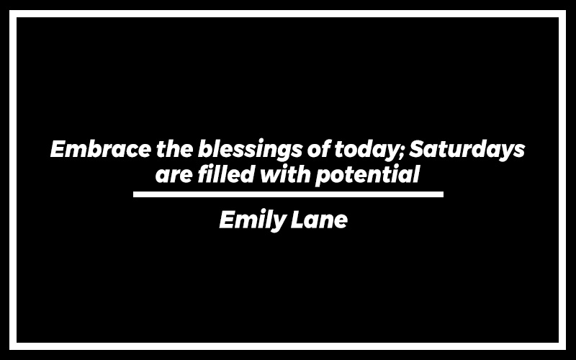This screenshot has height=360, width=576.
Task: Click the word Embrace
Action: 100,149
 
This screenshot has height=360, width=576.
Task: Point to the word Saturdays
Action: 467,150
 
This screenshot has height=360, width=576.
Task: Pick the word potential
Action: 367,175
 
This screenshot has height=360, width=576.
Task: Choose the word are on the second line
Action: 174,176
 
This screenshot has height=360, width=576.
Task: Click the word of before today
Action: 318,149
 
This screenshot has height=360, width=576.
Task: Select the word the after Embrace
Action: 174,149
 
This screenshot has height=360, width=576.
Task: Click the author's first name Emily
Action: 252,220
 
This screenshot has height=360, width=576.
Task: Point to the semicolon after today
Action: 403,152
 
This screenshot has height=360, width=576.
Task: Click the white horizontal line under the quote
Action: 288,194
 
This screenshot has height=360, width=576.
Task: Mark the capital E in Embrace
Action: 58,149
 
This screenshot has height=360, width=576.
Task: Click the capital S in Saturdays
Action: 417,149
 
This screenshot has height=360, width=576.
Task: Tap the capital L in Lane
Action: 297,220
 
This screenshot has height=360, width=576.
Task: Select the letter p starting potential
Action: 323,178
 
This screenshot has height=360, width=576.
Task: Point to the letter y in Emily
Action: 279,224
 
